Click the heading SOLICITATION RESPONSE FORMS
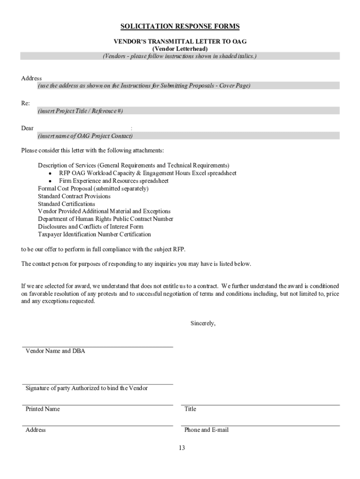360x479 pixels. [x=180, y=26]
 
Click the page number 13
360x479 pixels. [x=181, y=448]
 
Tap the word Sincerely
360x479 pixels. [x=203, y=323]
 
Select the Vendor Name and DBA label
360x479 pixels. [x=55, y=351]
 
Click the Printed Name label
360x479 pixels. [x=43, y=409]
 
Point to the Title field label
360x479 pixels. [x=190, y=409]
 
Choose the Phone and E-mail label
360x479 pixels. [x=206, y=430]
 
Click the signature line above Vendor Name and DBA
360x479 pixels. [x=97, y=347]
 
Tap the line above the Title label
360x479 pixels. [x=260, y=405]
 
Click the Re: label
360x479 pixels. [x=25, y=103]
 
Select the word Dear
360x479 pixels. [x=27, y=128]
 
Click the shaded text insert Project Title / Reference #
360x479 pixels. [x=80, y=111]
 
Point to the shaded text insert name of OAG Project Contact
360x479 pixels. [x=85, y=136]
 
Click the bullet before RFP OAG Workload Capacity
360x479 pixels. [x=50, y=174]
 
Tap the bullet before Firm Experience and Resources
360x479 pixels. [x=50, y=181]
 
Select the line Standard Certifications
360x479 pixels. [x=66, y=204]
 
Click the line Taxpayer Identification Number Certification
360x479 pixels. [x=94, y=234]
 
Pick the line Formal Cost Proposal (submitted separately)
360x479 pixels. [x=93, y=189]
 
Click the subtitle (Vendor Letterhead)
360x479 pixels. [x=180, y=49]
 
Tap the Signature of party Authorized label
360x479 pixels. [x=86, y=388]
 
